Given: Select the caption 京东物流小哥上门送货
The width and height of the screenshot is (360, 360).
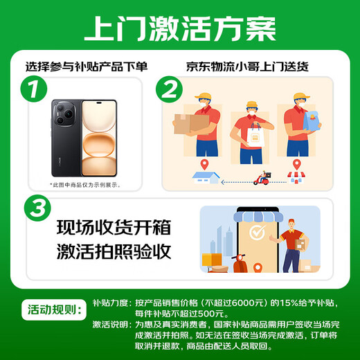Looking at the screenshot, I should pos(246,67).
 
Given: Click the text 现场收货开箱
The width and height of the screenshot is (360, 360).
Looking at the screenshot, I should pos(113,228).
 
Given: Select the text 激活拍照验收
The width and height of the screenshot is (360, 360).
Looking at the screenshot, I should pos(113,253).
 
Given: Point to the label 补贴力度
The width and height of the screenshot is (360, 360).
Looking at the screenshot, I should pos(111,302).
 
